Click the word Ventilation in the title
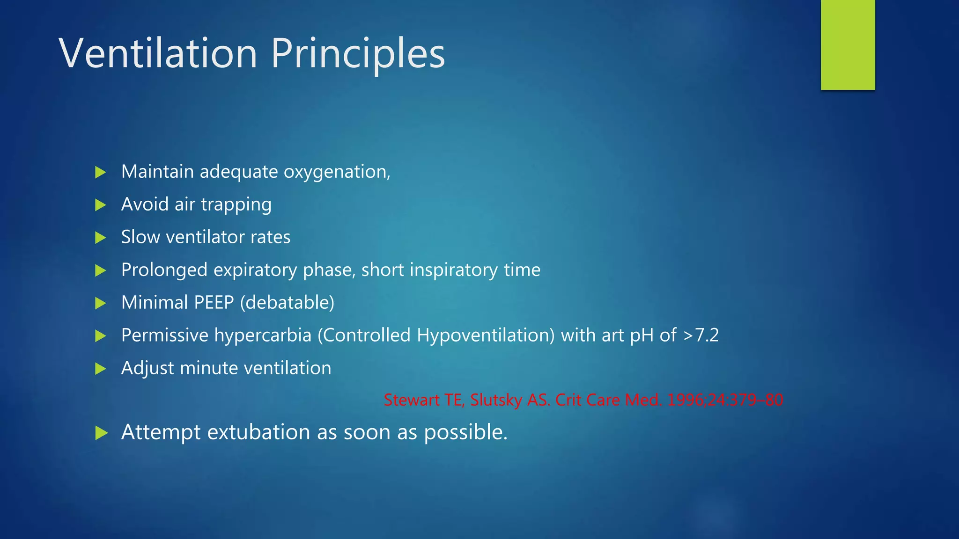[x=158, y=53]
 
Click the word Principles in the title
[x=358, y=53]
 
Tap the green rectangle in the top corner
[x=848, y=44]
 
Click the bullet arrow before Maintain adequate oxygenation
[x=100, y=172]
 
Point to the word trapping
[x=236, y=205]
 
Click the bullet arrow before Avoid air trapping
[x=100, y=205]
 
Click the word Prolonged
[x=164, y=270]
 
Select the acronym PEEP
[x=214, y=303]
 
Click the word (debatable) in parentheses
[x=287, y=303]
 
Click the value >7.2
[x=701, y=335]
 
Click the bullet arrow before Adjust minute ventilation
[x=100, y=369]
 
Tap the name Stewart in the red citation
[x=411, y=400]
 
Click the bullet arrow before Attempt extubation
[x=101, y=433]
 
